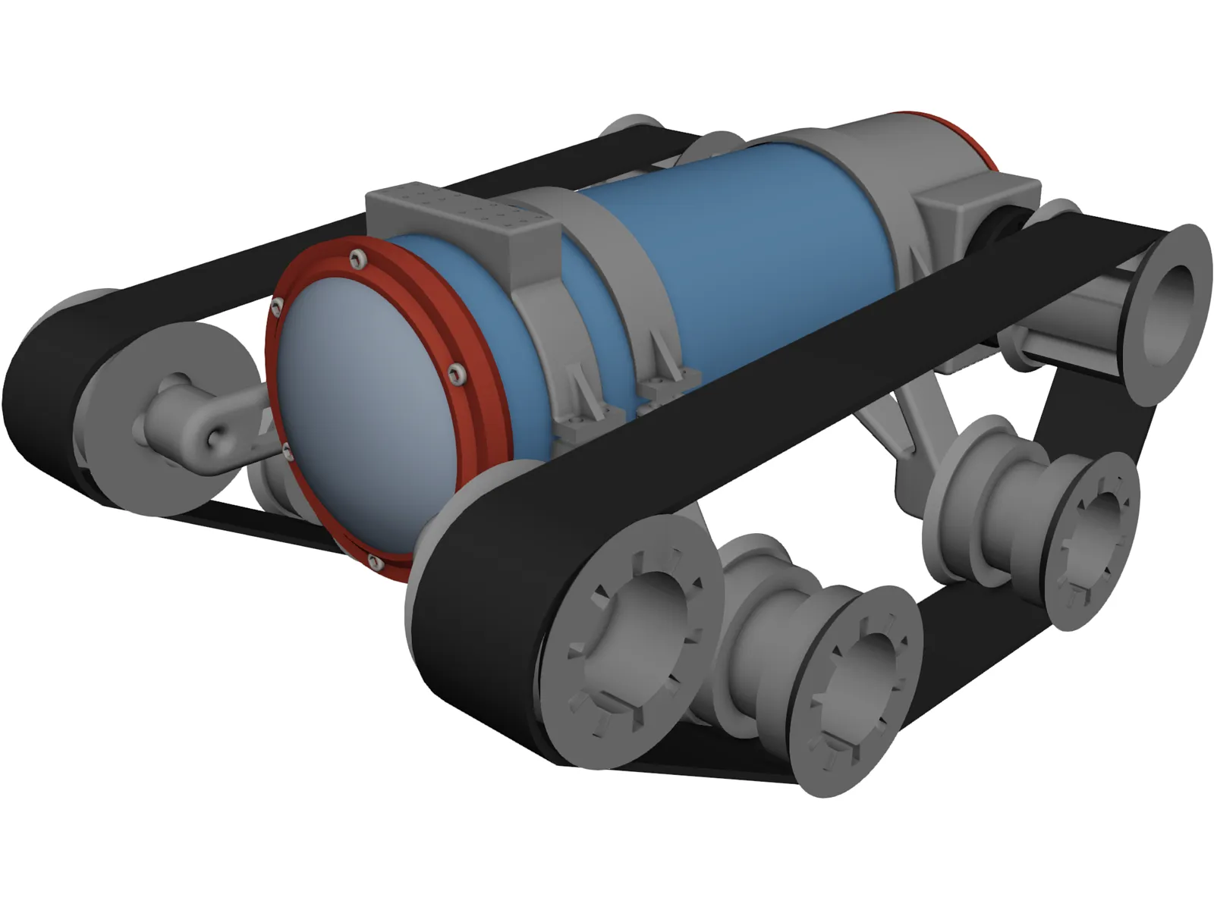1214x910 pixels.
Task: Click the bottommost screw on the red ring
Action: [x=373, y=562]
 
